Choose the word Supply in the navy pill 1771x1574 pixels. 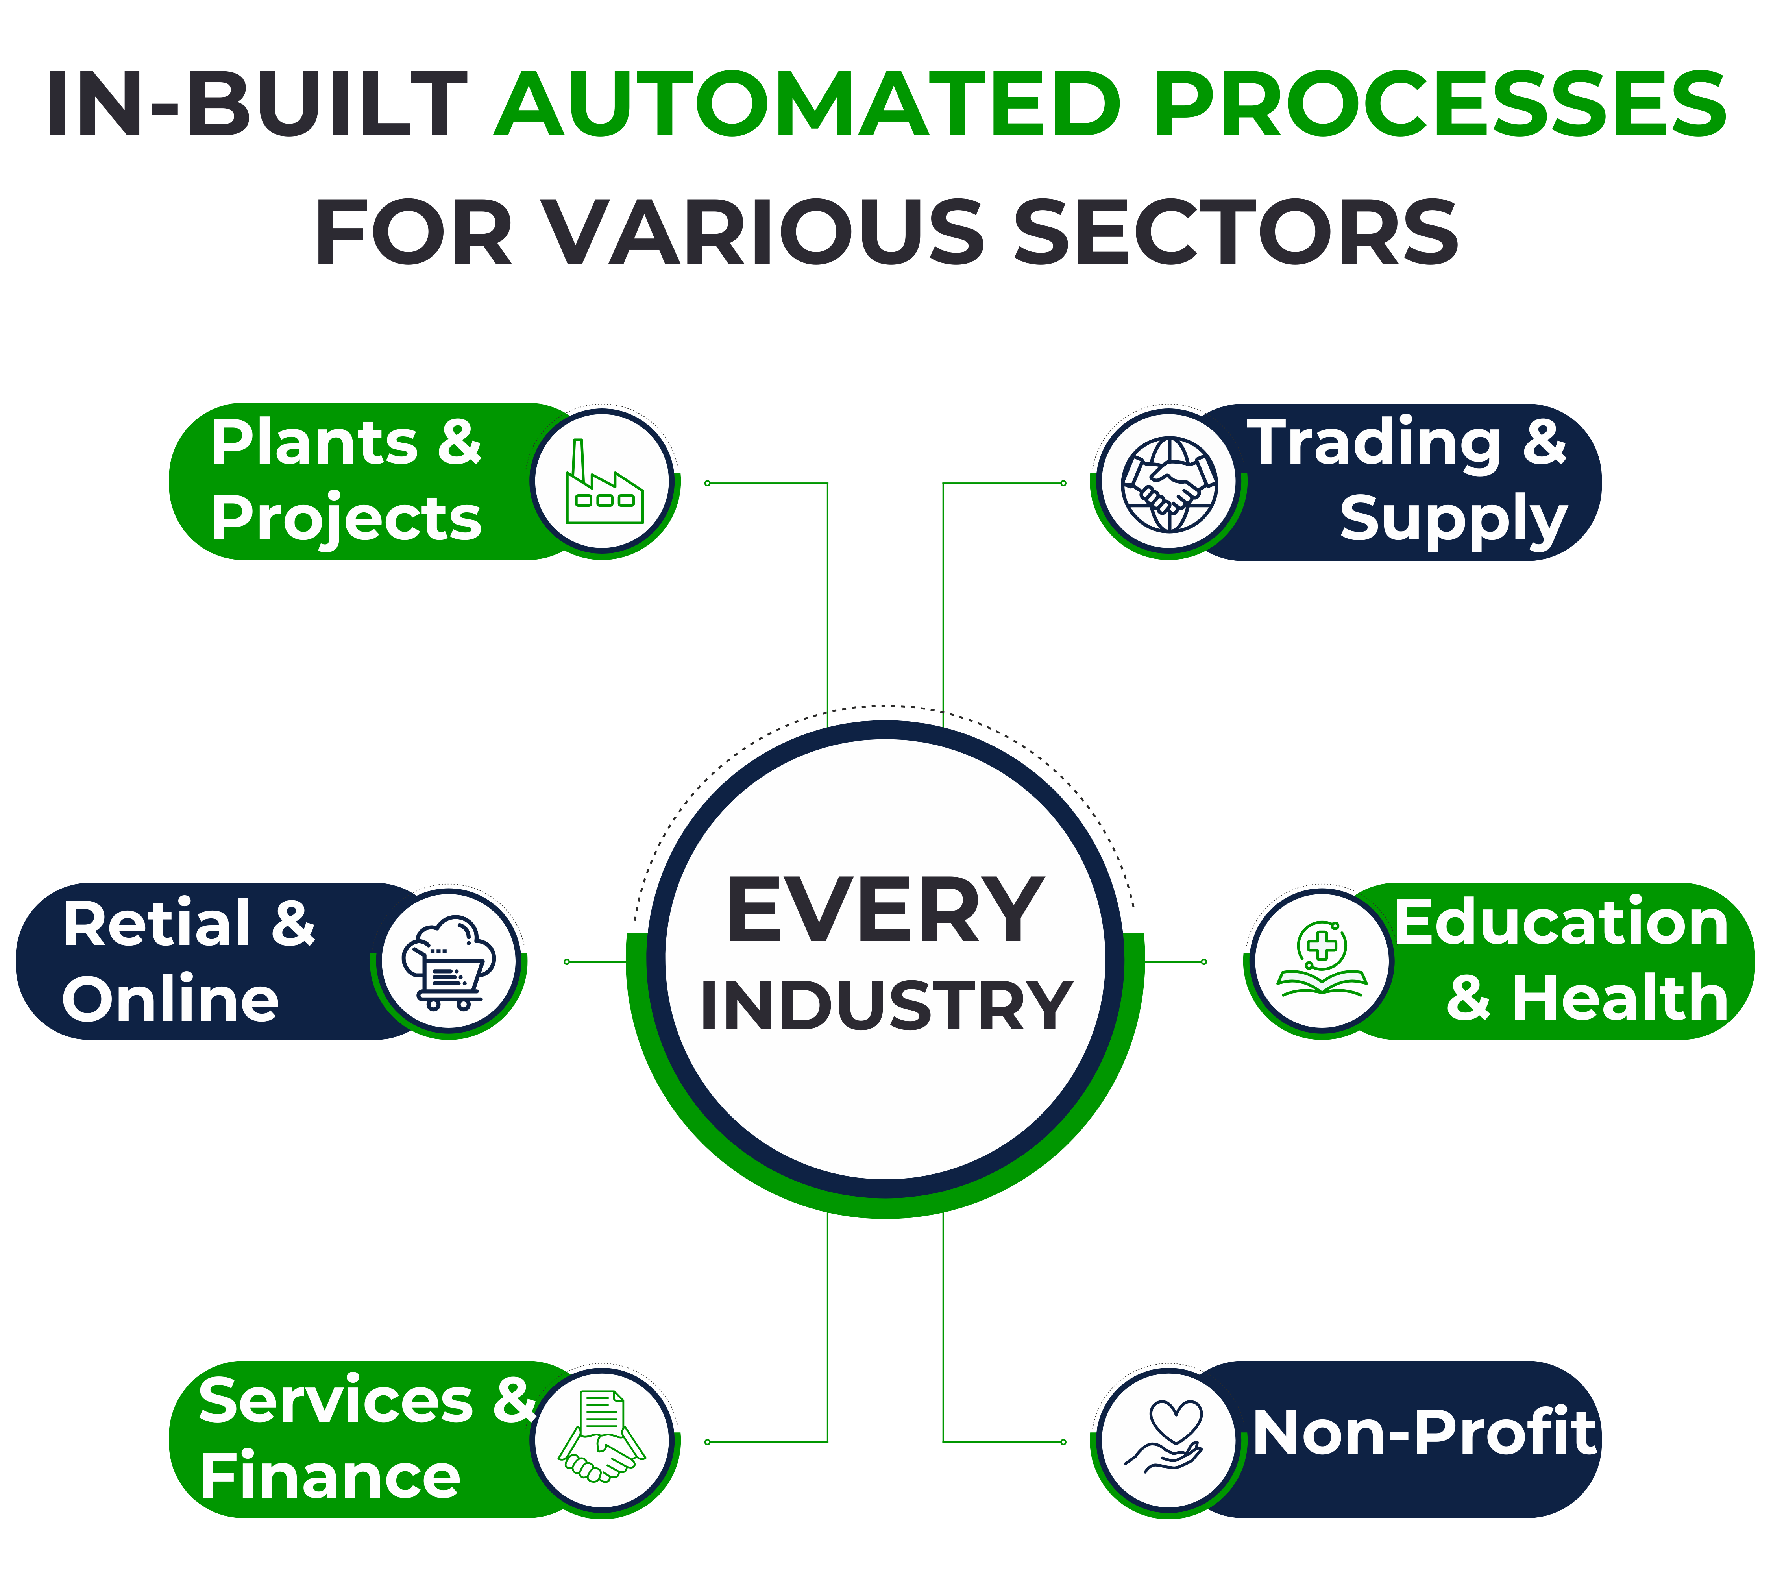point(1453,520)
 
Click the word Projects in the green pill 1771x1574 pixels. point(346,520)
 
